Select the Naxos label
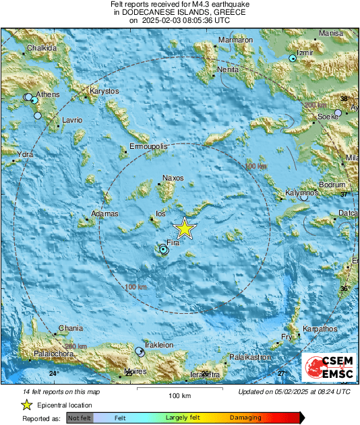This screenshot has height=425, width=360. (x=173, y=178)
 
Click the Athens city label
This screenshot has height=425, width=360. (x=47, y=94)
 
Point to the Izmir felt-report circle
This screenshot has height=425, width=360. (x=293, y=59)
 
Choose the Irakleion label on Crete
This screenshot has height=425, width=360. (x=160, y=344)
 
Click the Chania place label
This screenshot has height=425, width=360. (x=71, y=328)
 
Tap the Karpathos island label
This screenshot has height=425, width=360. (x=319, y=329)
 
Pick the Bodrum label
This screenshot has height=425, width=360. (x=332, y=185)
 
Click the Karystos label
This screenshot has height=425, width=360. (x=104, y=91)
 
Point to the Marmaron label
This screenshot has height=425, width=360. (x=235, y=40)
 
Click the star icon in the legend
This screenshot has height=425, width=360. (x=26, y=405)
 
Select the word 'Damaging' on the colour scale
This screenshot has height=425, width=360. (x=247, y=418)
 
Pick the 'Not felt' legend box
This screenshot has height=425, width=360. (x=80, y=418)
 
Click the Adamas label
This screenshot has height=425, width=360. (x=105, y=214)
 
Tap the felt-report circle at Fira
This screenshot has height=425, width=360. (x=164, y=250)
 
